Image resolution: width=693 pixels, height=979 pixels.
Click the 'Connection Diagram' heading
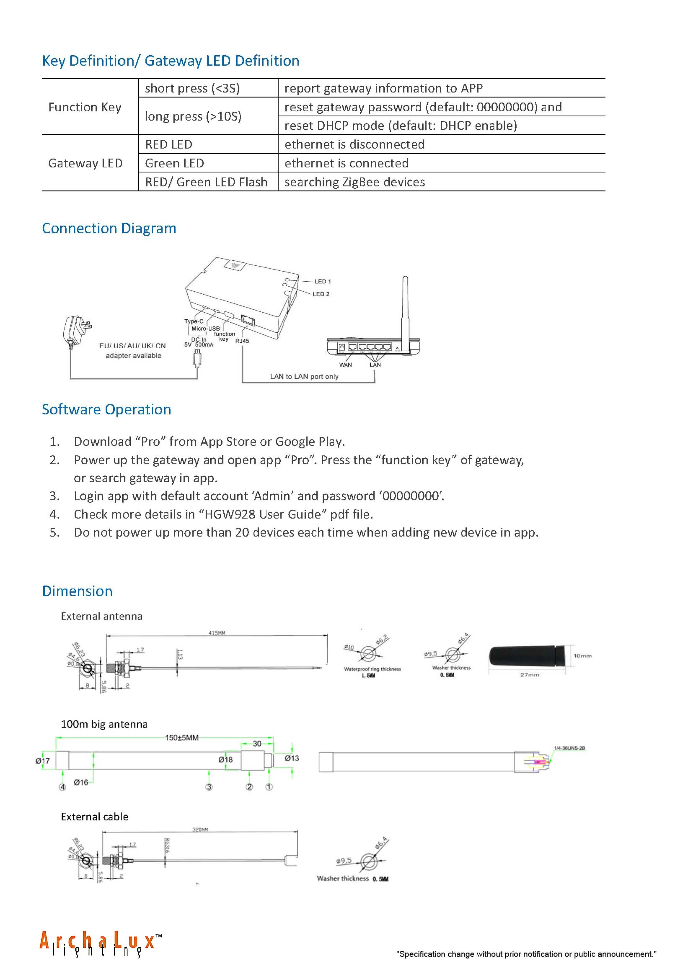109,229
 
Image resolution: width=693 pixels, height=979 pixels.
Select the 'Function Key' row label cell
85,107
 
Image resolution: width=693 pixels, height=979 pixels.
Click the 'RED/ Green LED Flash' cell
206,182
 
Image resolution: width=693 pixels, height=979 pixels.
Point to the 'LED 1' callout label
323,281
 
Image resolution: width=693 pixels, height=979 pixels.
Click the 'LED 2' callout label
321,294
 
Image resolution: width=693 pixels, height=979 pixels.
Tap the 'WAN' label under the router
345,365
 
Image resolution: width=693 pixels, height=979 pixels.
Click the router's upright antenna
405,307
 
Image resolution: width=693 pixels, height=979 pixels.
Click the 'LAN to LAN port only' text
304,376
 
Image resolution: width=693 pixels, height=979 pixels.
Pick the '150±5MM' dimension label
182,738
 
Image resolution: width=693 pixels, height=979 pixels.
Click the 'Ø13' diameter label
292,758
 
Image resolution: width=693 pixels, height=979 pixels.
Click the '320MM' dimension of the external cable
200,829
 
